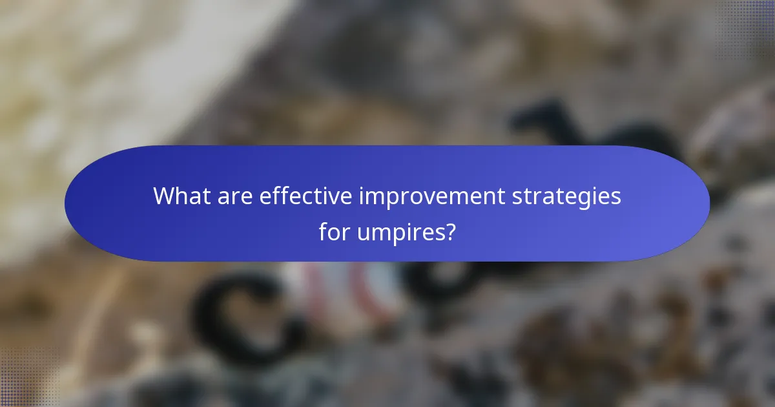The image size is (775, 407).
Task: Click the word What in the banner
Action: (x=175, y=196)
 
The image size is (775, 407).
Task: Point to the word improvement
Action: (x=432, y=196)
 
